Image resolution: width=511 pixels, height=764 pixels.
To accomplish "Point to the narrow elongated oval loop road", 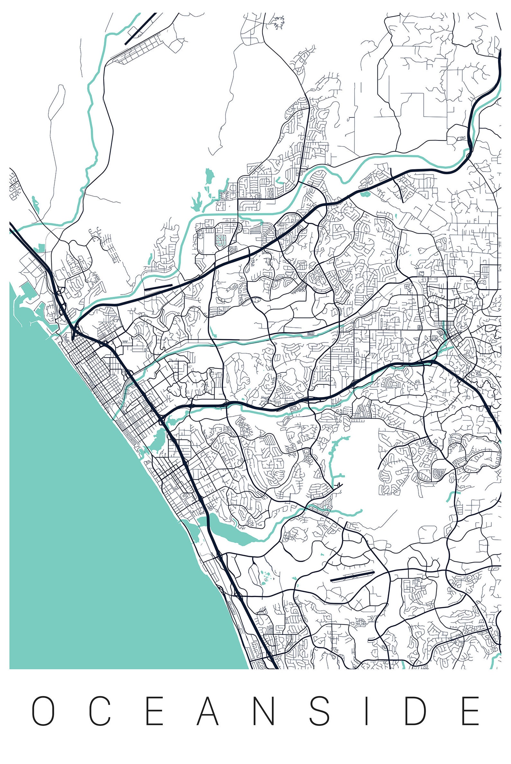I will pos(56,102).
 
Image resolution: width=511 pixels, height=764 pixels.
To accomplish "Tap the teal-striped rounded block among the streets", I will pos(221,240).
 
